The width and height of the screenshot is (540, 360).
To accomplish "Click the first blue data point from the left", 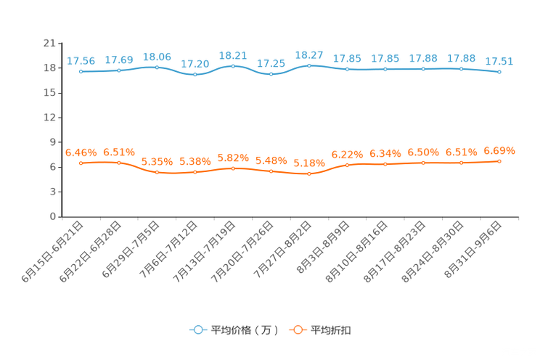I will tap(81, 71).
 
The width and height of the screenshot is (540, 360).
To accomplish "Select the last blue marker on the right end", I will tap(499, 72).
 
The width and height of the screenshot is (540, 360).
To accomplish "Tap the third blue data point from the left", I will tap(157, 67).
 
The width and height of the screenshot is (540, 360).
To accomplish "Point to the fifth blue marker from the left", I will tap(233, 66).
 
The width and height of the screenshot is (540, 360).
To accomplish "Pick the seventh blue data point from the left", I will tap(309, 65).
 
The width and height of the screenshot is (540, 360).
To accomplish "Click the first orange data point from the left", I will tap(81, 163).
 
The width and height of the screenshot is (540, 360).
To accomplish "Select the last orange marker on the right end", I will tap(499, 161).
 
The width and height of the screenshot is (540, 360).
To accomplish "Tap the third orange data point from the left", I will tap(157, 172).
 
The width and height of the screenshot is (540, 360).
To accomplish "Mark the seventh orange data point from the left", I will tap(309, 173).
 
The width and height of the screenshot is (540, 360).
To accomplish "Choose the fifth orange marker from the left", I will tap(233, 168).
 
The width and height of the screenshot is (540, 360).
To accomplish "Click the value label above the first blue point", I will tap(81, 61).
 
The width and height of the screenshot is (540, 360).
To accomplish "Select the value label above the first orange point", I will tap(81, 152).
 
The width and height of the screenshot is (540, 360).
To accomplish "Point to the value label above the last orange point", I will tap(499, 151).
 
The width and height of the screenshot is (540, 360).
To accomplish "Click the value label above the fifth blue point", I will tap(233, 55).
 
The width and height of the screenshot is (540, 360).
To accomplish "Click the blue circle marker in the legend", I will tap(197, 330).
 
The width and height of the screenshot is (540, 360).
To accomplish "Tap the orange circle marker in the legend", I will tap(297, 330).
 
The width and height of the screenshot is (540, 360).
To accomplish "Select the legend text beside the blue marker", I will tap(242, 330).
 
